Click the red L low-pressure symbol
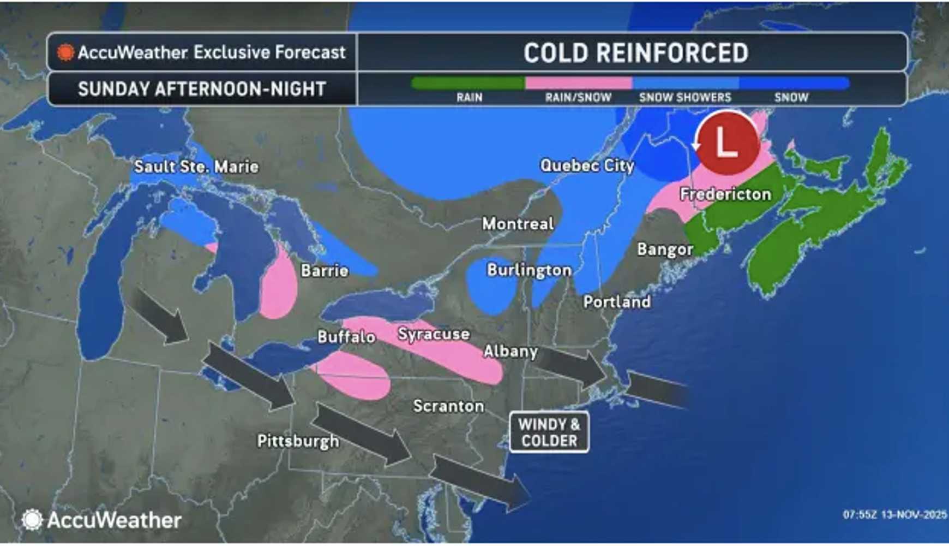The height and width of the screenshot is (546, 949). pos(727,143)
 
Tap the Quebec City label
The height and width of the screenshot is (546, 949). pos(587,165)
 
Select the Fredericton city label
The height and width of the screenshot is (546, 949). pos(725,194)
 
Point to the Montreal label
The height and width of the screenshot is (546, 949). pos(518,223)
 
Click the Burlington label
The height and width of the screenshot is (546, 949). pos(529,270)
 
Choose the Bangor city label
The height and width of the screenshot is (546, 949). pos(665,250)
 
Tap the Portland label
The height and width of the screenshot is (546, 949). pos(617,302)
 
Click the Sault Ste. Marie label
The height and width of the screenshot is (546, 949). pos(196,167)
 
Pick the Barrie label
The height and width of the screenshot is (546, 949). pos(325,270)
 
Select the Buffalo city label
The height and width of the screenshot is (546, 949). pos(346,336)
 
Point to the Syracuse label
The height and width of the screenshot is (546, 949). pos(434,334)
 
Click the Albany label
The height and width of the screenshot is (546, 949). pos(510,351)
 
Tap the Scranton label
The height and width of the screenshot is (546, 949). pos(448,406)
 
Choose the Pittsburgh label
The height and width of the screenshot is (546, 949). pos(298,441)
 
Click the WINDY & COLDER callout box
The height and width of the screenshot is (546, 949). pos(549,432)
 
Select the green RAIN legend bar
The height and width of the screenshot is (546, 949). pos(468,84)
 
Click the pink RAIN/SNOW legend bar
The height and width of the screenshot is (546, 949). pos(578,84)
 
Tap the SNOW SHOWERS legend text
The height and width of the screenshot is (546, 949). pos(685,98)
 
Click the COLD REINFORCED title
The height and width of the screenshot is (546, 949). pos(636,53)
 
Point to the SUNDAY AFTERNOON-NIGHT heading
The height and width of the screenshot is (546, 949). pos(202,89)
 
